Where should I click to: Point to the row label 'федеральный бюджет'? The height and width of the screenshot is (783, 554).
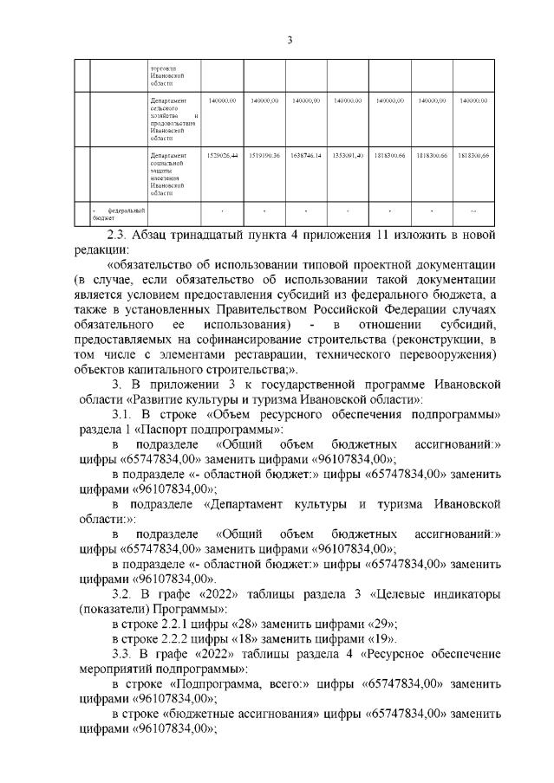tap(112, 213)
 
